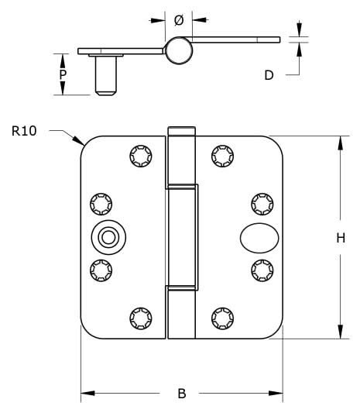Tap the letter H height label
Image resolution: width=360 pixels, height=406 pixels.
pyautogui.click(x=340, y=239)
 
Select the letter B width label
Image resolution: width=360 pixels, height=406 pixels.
pyautogui.click(x=181, y=392)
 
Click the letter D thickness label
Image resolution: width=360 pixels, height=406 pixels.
pyautogui.click(x=269, y=75)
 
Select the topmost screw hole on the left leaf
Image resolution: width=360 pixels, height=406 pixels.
pyautogui.click(x=140, y=154)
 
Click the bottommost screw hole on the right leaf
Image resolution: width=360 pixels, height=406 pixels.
pyautogui.click(x=223, y=318)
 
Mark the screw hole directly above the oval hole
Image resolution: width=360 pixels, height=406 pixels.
pyautogui.click(x=262, y=203)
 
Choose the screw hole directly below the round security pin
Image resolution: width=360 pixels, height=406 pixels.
pyautogui.click(x=101, y=270)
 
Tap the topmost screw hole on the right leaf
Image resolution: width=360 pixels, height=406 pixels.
pyautogui.click(x=223, y=154)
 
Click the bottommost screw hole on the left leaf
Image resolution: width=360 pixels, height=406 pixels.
pyautogui.click(x=140, y=318)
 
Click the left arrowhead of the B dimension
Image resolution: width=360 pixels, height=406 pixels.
pyautogui.click(x=86, y=393)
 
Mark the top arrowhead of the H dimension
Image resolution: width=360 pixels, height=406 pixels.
pyautogui.click(x=340, y=140)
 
